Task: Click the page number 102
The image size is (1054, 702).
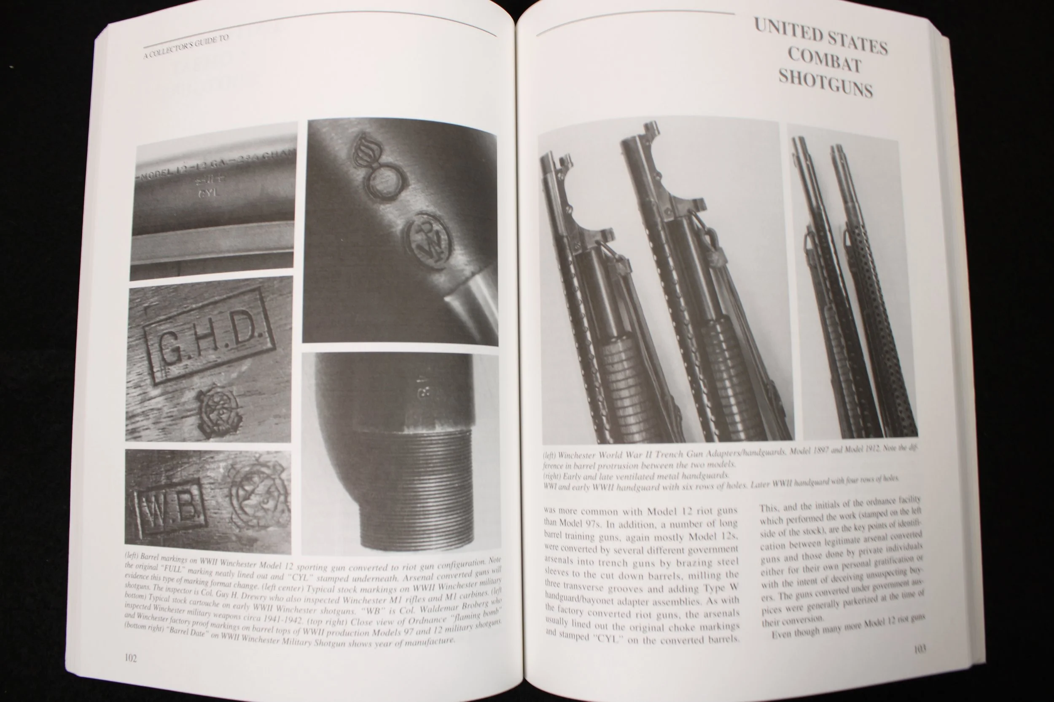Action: pos(130,658)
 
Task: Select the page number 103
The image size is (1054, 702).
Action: pos(920,649)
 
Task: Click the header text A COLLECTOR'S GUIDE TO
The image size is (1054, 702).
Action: pos(186,47)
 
